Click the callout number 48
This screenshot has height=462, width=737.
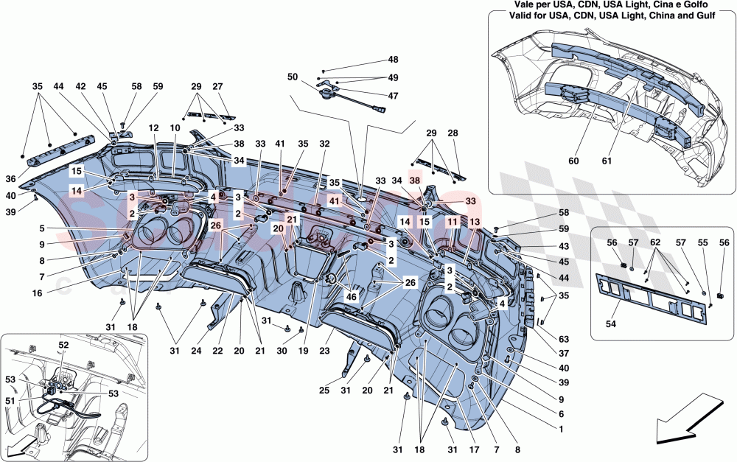[x=393, y=60]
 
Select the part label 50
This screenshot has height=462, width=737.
[x=293, y=77]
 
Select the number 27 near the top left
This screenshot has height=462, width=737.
[x=217, y=86]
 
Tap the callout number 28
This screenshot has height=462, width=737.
[x=452, y=133]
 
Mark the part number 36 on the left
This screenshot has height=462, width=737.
[x=30, y=178]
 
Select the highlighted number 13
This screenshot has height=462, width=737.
[x=474, y=221]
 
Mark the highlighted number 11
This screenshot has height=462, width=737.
[x=452, y=221]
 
